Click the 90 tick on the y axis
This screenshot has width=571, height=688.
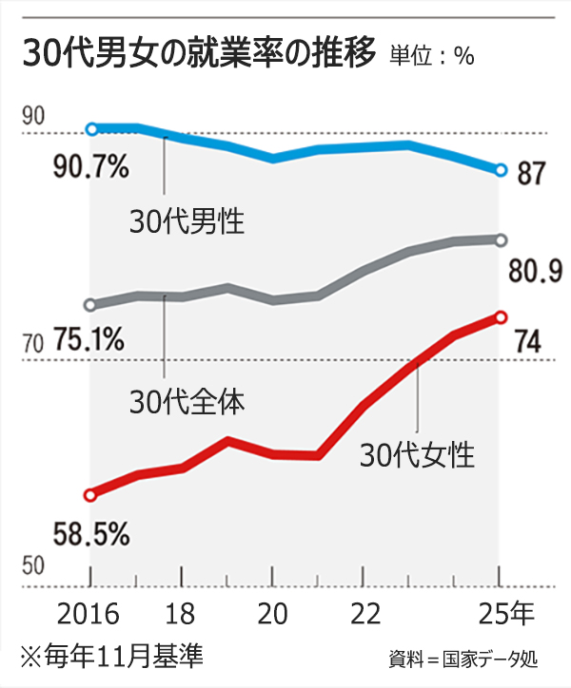(x=33, y=116)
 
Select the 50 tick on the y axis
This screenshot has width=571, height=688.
(x=33, y=566)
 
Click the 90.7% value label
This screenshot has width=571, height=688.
(x=91, y=168)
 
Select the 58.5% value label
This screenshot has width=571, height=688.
(x=91, y=534)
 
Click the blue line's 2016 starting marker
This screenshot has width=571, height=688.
(x=91, y=128)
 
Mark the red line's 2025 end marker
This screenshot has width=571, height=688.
(x=502, y=317)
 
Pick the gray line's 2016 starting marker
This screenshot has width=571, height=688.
(x=90, y=305)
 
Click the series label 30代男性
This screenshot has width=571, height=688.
(x=187, y=222)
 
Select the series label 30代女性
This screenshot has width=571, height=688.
(x=416, y=455)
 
